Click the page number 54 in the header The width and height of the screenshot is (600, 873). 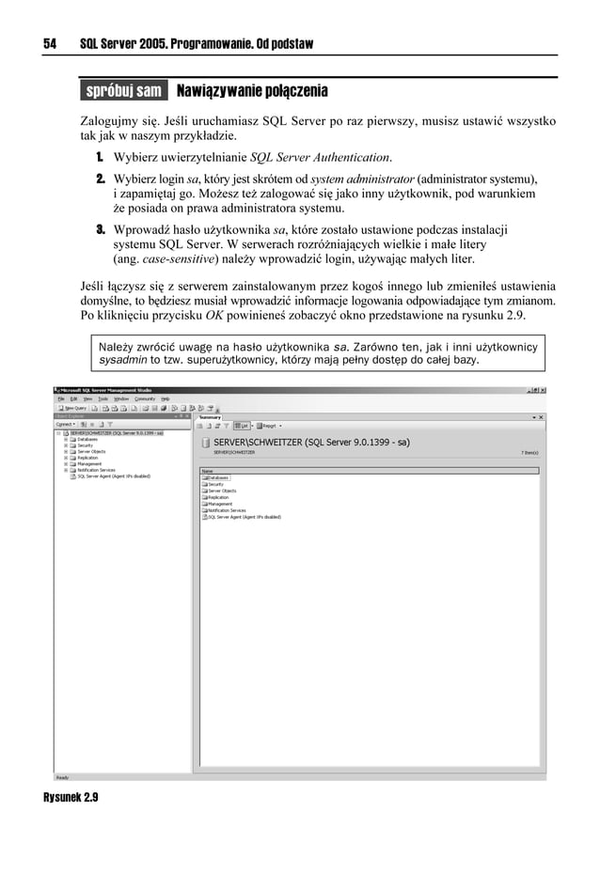pyautogui.click(x=51, y=44)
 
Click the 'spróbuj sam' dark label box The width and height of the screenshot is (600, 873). pyautogui.click(x=123, y=91)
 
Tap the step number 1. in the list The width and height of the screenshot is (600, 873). pyautogui.click(x=99, y=157)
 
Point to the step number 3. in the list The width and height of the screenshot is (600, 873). pyautogui.click(x=99, y=229)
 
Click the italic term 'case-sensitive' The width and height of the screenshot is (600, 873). pyautogui.click(x=179, y=258)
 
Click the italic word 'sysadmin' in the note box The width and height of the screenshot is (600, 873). pyautogui.click(x=122, y=360)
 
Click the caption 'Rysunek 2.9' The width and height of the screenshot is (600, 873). pyautogui.click(x=71, y=797)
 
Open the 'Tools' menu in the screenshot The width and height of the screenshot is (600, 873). pyautogui.click(x=103, y=398)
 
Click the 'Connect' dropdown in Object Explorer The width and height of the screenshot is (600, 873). pyautogui.click(x=65, y=424)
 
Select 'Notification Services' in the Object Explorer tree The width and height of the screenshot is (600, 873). pyautogui.click(x=96, y=470)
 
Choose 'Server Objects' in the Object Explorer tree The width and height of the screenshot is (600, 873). pyautogui.click(x=91, y=451)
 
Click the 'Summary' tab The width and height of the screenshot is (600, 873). pyautogui.click(x=210, y=416)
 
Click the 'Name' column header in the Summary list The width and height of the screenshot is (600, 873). pyautogui.click(x=208, y=471)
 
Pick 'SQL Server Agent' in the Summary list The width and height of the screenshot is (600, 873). pyautogui.click(x=243, y=517)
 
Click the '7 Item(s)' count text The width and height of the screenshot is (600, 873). pyautogui.click(x=529, y=452)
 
